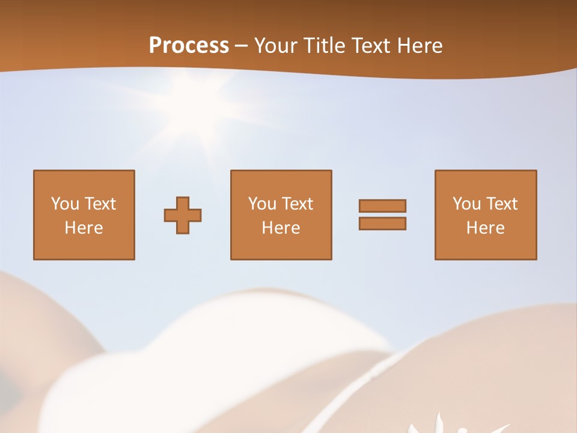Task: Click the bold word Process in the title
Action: [x=189, y=46]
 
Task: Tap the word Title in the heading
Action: [x=325, y=46]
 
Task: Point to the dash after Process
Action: [x=242, y=46]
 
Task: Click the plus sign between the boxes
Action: [x=183, y=215]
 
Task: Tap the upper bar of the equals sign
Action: [x=382, y=206]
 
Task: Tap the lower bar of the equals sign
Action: [x=382, y=223]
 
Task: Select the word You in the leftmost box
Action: [x=65, y=203]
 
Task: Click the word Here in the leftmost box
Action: [x=84, y=227]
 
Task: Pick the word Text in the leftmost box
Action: [x=100, y=203]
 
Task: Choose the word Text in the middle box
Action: [x=297, y=203]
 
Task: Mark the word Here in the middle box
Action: [x=281, y=227]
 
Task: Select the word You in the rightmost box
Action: [x=467, y=203]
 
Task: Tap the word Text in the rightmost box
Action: [x=501, y=203]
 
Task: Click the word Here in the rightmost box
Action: [x=485, y=227]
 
